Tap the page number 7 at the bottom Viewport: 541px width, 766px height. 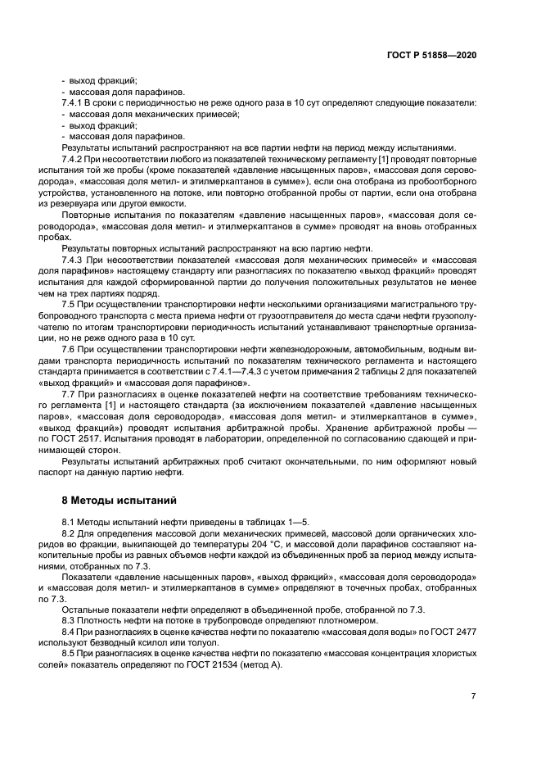point(473,696)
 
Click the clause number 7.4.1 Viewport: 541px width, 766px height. point(74,103)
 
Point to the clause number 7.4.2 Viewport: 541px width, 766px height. point(74,158)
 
